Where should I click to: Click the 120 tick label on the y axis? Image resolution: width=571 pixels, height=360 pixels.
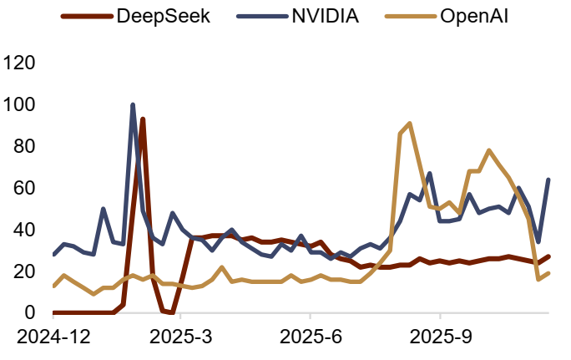pos(19,63)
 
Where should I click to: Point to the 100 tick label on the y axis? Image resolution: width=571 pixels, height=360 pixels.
pos(19,104)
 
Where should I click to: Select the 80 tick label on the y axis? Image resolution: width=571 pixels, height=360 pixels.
pos(25,146)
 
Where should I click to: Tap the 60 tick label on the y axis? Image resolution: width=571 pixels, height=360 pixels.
pos(25,188)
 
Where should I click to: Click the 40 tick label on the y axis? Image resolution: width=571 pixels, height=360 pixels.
pos(25,230)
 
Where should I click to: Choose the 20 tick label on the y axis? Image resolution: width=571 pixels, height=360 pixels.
pos(25,271)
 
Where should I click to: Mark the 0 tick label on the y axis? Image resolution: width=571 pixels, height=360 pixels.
pos(31,313)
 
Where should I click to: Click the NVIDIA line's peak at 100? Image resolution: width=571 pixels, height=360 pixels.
pos(133,105)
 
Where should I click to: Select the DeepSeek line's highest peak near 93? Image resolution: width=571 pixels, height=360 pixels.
pos(143,119)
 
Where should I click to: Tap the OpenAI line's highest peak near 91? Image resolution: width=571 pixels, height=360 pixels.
pos(409,124)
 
